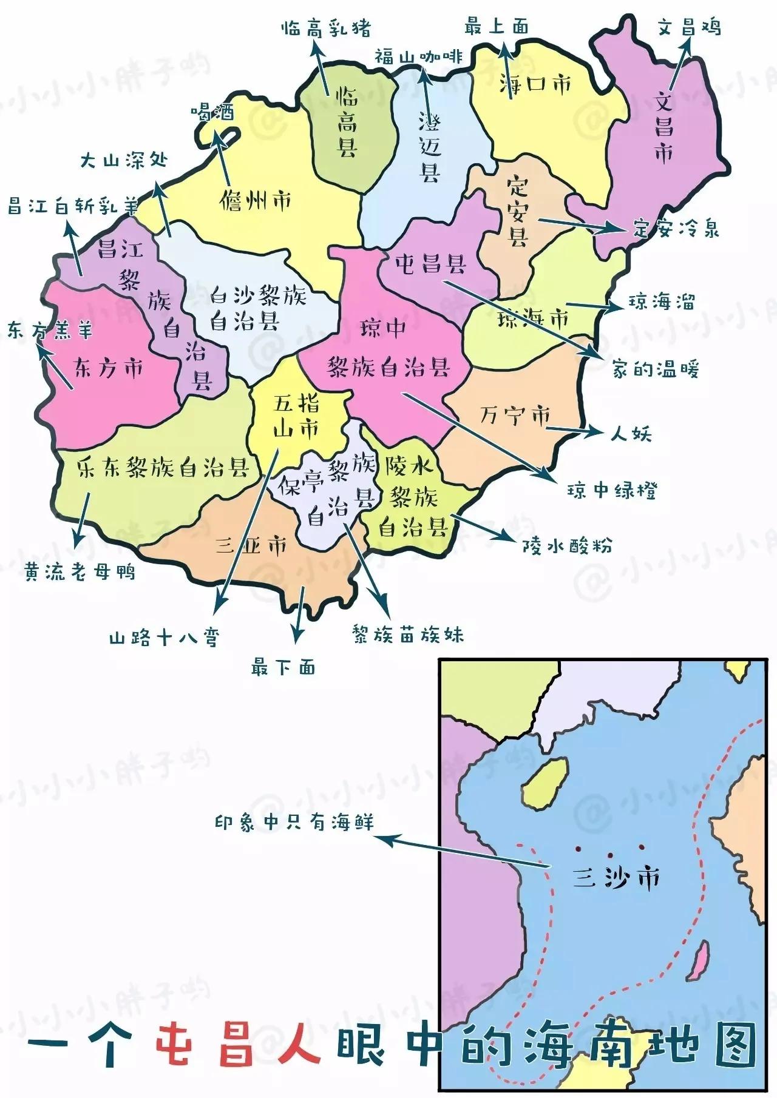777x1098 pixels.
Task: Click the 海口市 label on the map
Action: click(x=535, y=84)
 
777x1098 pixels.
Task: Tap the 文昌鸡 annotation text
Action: click(x=689, y=27)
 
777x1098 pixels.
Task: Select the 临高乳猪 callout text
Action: click(x=326, y=29)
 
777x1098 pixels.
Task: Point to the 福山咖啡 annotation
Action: click(x=418, y=57)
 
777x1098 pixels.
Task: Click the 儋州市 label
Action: click(x=256, y=200)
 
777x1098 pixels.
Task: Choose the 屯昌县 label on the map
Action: click(x=430, y=264)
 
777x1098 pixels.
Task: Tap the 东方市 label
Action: click(x=109, y=368)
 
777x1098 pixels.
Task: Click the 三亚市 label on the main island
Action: click(x=251, y=546)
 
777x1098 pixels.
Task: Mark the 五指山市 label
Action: click(x=296, y=416)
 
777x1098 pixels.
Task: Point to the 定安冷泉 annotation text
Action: click(x=676, y=229)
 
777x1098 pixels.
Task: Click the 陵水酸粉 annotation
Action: click(x=567, y=546)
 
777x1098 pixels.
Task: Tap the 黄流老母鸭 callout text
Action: click(x=80, y=571)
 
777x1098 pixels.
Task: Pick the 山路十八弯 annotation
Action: click(x=163, y=638)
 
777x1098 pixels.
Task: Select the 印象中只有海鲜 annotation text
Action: click(x=294, y=823)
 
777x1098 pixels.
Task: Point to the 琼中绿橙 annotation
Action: click(x=612, y=490)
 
